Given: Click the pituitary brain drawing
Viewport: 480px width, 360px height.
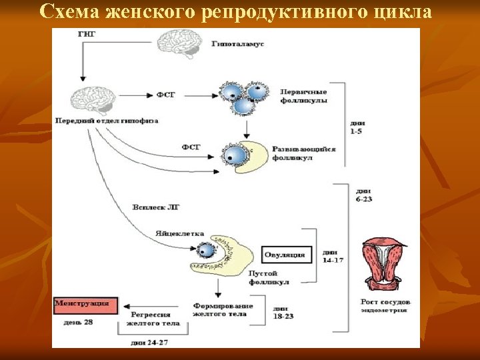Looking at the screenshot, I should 93,101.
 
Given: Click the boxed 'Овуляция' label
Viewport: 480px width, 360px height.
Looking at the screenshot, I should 285,254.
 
